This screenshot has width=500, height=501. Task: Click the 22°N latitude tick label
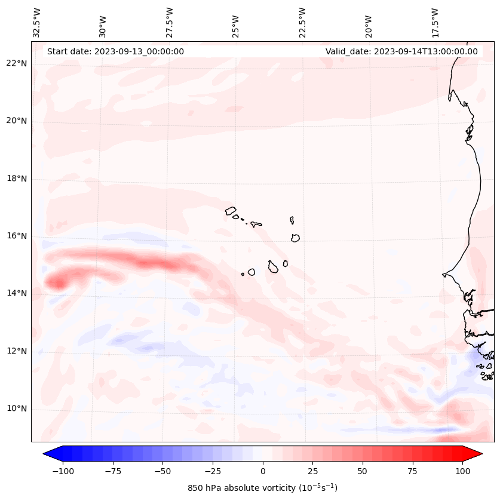click(x=17, y=63)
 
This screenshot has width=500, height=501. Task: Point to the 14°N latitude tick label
click(x=17, y=293)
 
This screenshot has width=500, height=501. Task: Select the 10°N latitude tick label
click(x=17, y=408)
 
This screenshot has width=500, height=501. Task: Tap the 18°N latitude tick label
click(x=17, y=179)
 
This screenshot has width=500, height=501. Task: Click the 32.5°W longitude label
click(x=37, y=22)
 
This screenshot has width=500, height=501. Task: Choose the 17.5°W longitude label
click(x=435, y=22)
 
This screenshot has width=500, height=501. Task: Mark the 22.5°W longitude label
click(x=302, y=22)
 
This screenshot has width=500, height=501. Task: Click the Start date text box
click(x=115, y=51)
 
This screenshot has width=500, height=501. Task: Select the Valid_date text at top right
click(x=401, y=51)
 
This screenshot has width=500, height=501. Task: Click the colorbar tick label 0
click(x=263, y=471)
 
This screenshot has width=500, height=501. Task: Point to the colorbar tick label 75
click(x=413, y=471)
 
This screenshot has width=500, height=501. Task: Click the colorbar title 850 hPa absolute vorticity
click(x=262, y=488)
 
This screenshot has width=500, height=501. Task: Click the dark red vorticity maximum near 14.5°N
click(x=57, y=282)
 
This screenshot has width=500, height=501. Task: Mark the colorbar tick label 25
click(x=312, y=471)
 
